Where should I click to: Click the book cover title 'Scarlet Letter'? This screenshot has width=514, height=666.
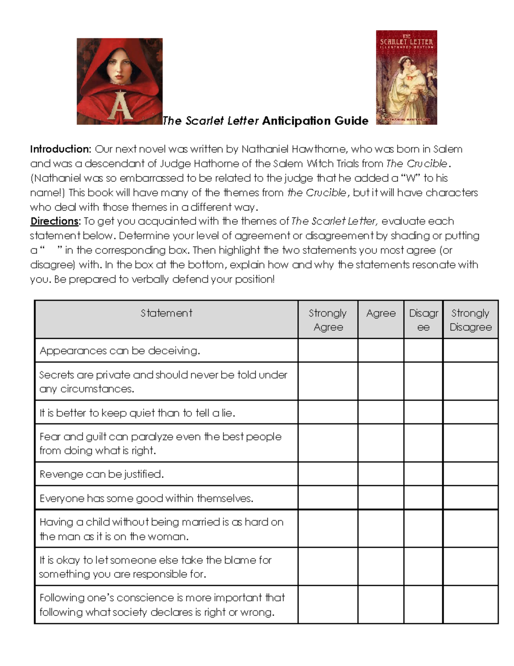(x=406, y=42)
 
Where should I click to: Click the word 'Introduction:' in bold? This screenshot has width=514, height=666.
(x=60, y=149)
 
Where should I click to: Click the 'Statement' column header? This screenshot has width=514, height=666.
(x=166, y=313)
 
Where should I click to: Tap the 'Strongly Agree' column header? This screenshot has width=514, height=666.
(x=328, y=320)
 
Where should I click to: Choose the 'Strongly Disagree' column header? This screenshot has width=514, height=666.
(x=470, y=320)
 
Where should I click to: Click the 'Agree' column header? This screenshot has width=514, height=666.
(x=381, y=313)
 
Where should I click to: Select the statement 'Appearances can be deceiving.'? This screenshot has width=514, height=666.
(x=120, y=351)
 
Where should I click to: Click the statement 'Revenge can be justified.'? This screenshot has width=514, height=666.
(x=102, y=474)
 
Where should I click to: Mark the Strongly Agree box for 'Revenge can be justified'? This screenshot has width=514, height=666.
(x=328, y=474)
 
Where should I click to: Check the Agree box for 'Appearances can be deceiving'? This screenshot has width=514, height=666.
(x=381, y=350)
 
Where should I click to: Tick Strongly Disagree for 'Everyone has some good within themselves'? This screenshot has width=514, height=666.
(x=470, y=498)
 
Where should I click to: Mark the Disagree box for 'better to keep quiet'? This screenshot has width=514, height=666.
(x=423, y=413)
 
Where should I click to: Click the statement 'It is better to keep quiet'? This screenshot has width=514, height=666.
(x=137, y=413)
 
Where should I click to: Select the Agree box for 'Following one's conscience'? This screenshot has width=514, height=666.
(x=381, y=605)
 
